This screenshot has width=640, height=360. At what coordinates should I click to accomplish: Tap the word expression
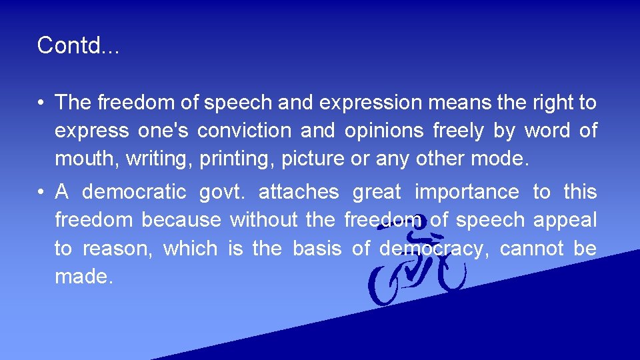click(371, 103)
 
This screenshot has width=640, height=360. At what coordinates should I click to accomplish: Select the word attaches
click(298, 192)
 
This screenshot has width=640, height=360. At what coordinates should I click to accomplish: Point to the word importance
click(467, 192)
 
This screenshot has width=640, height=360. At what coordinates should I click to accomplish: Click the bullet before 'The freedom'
click(41, 103)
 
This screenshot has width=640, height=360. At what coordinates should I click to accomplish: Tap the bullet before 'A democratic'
click(41, 193)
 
